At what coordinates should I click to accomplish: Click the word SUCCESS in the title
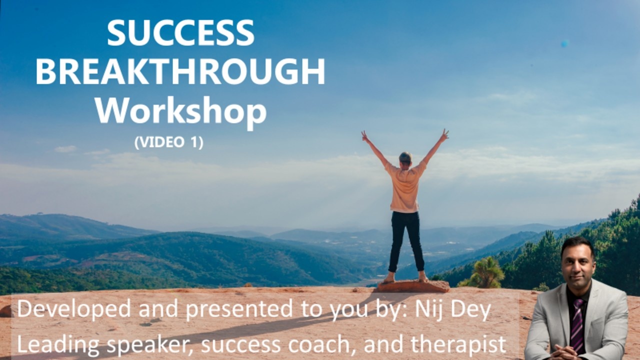point(180,33)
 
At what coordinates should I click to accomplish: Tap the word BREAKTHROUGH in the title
point(180,72)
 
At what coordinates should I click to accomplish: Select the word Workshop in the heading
point(180,111)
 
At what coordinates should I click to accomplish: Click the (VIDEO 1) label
point(169,142)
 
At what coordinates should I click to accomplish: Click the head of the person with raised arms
point(405,157)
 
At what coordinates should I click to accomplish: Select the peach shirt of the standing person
point(405,187)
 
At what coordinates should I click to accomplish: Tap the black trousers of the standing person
point(405,240)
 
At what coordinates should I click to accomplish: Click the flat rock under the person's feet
point(412,286)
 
